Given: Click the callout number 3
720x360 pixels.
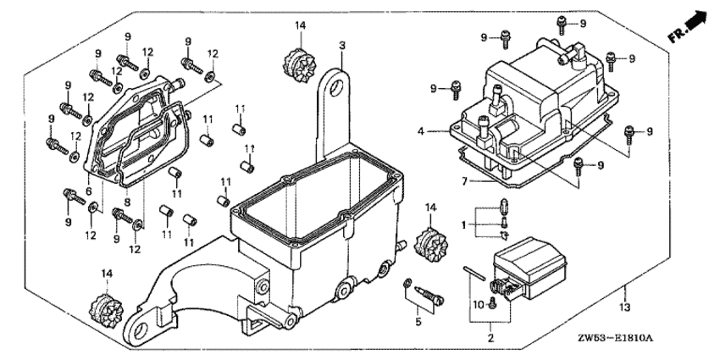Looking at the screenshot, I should [342, 45].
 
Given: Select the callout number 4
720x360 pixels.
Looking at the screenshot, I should [420, 131].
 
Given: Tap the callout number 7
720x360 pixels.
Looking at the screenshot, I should [464, 180].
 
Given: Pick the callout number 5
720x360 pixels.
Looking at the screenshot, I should [418, 322].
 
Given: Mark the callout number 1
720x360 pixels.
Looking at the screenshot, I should [463, 224].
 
